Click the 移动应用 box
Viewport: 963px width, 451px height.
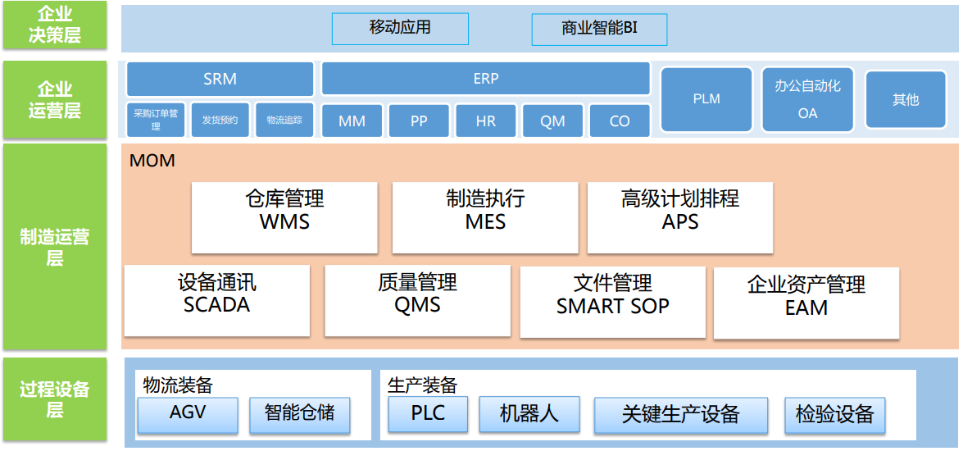click(400, 29)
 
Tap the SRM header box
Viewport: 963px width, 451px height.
click(220, 80)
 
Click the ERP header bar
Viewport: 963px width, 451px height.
click(486, 79)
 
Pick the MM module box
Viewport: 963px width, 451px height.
click(352, 121)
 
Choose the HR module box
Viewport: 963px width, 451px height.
click(486, 121)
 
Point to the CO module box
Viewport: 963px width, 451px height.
click(620, 121)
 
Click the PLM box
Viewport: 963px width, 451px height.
click(706, 99)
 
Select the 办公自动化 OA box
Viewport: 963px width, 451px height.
click(807, 99)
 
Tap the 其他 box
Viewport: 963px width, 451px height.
click(906, 99)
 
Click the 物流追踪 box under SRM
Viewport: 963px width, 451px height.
click(284, 120)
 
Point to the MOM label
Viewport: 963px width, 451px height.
click(152, 161)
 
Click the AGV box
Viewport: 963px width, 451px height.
click(188, 415)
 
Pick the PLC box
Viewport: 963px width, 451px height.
click(428, 415)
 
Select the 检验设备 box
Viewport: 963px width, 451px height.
click(834, 416)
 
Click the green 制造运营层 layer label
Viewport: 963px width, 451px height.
click(55, 246)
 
